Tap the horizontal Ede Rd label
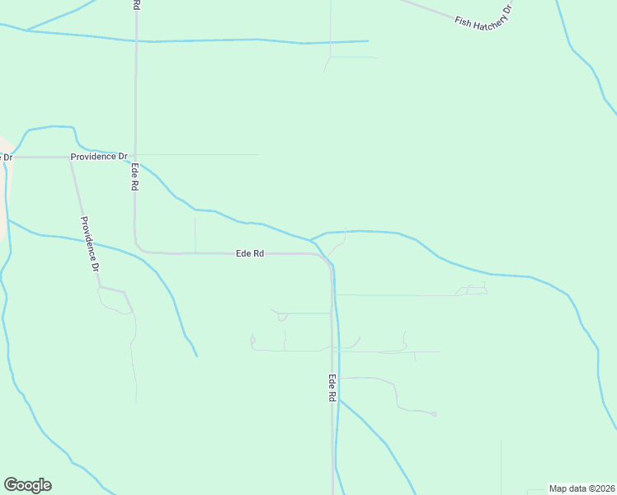tap(249, 254)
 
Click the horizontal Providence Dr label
tap(99, 156)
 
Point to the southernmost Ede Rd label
tap(332, 389)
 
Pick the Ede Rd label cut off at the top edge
tap(136, 5)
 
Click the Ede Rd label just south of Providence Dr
tap(134, 177)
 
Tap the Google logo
tap(27, 485)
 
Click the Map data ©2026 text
tap(582, 488)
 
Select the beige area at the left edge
tap(3, 190)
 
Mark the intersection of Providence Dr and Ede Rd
tap(135, 156)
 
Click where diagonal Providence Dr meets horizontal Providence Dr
tap(69, 157)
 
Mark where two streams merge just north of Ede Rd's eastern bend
tap(312, 239)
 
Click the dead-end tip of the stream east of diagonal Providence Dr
tap(196, 356)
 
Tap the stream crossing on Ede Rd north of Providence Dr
tap(136, 40)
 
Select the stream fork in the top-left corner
tap(26, 31)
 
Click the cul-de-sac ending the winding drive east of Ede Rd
tap(435, 414)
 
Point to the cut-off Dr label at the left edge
tap(6, 157)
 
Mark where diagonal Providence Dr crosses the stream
tap(87, 240)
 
